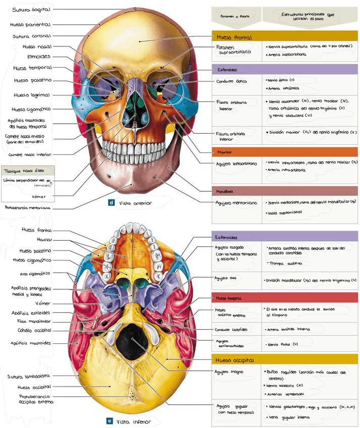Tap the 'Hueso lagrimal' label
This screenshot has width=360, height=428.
[31, 95]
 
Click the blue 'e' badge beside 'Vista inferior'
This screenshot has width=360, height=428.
[110, 420]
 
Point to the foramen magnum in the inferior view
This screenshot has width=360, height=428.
[132, 339]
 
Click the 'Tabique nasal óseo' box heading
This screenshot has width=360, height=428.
[22, 171]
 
